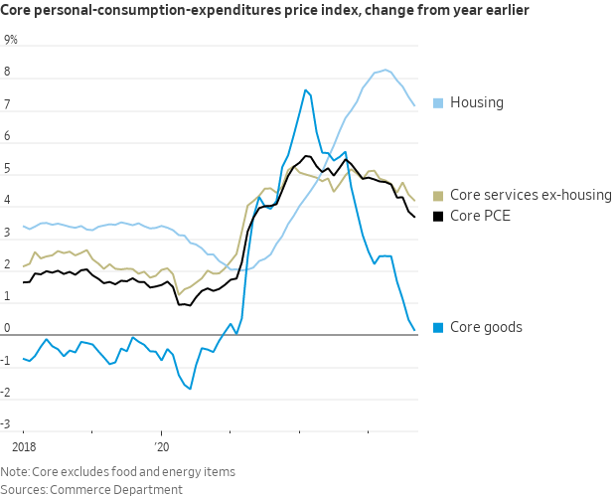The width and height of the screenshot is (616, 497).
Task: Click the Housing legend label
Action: click(477, 102)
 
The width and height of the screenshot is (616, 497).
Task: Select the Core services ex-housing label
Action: click(531, 195)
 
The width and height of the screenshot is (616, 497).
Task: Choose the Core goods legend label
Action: click(486, 327)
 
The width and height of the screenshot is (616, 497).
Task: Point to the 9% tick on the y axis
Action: click(11, 40)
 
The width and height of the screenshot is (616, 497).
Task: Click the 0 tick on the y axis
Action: click(7, 329)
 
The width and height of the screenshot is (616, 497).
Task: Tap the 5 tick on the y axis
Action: click(7, 169)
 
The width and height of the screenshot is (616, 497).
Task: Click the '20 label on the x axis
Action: click(163, 447)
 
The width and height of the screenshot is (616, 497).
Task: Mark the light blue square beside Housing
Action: click(438, 102)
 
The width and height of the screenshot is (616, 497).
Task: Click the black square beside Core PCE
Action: click(438, 215)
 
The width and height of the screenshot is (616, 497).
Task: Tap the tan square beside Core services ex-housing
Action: click(438, 195)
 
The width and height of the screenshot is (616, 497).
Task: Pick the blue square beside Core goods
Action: click(438, 327)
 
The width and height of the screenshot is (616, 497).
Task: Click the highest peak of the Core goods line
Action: click(305, 90)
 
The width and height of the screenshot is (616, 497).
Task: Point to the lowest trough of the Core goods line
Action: click(190, 389)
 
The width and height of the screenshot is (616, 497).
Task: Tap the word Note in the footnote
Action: click(15, 472)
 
